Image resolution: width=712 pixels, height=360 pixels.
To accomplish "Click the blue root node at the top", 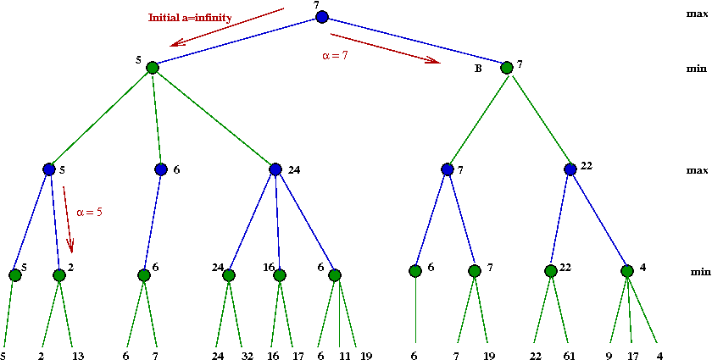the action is pyautogui.click(x=322, y=17).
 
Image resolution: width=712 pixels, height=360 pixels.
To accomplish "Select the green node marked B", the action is pyautogui.click(x=507, y=68).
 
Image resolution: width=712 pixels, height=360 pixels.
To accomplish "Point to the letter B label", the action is pyautogui.click(x=478, y=70).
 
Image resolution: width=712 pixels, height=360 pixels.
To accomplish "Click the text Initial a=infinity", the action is pyautogui.click(x=190, y=18).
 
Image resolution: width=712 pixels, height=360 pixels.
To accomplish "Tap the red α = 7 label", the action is pyautogui.click(x=335, y=58).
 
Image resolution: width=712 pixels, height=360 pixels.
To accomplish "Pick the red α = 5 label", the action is pyautogui.click(x=89, y=212).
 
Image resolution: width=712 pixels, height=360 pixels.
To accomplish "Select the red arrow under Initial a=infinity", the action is pyautogui.click(x=227, y=27).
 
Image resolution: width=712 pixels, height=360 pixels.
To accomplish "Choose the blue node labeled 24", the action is pyautogui.click(x=275, y=169).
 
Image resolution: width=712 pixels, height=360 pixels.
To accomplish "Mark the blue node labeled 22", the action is pyautogui.click(x=570, y=169).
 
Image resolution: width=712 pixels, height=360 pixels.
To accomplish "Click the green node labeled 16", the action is pyautogui.click(x=280, y=275).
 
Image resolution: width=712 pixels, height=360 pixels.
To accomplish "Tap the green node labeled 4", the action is pyautogui.click(x=627, y=271).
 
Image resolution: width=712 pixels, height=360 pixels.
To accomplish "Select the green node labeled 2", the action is pyautogui.click(x=59, y=275).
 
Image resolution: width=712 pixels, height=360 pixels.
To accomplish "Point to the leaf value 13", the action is pyautogui.click(x=78, y=355).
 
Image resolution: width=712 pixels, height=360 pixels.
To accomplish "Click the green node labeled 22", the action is pyautogui.click(x=551, y=271).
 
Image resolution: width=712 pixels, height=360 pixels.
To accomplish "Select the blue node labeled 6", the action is pyautogui.click(x=161, y=169).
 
